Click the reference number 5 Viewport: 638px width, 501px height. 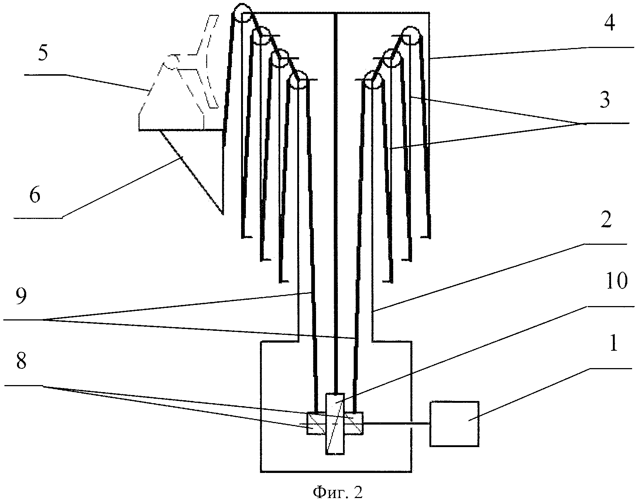(x=43, y=54)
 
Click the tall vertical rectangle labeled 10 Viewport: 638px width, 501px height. (x=335, y=423)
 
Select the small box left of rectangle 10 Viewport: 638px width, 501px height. (x=316, y=423)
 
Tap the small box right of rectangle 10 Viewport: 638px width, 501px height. (x=353, y=423)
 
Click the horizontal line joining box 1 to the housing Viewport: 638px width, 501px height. (x=397, y=423)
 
